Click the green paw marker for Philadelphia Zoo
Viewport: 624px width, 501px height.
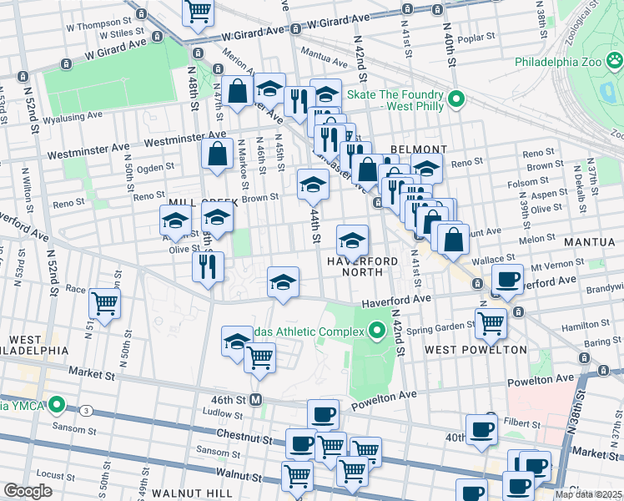tap(614, 61)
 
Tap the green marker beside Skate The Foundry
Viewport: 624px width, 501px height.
tap(455, 99)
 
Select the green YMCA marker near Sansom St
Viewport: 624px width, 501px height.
tap(58, 407)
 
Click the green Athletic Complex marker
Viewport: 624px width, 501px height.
tap(376, 331)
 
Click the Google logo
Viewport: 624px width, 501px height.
tap(28, 491)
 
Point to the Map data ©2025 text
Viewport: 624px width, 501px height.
tap(587, 494)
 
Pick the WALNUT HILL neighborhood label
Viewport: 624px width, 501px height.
tap(196, 493)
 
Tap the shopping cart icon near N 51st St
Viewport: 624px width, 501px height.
tap(105, 302)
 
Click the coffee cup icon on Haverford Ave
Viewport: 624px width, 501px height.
tap(507, 279)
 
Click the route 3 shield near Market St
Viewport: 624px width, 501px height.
tap(86, 410)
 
